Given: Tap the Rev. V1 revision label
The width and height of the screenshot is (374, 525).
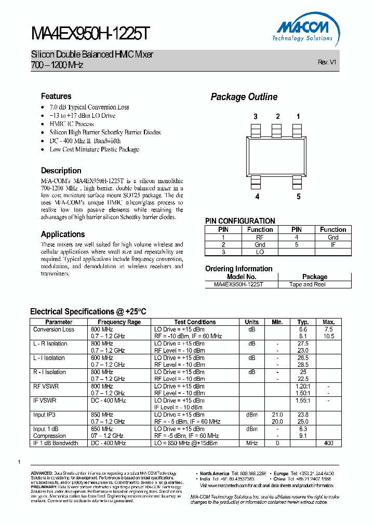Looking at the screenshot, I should coord(327,62).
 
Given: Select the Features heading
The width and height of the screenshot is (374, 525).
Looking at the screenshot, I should coord(56,96).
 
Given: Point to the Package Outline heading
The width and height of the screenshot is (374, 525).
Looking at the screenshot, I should coord(244,97).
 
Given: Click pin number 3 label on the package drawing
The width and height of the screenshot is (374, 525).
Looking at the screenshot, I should coord(256,117).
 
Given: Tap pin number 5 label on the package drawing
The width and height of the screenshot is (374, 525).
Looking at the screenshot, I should coord(298,197).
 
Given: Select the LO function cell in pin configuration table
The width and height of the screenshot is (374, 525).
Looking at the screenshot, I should coord(260,252).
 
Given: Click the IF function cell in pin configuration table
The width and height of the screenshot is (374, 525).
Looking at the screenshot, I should coord(333,244).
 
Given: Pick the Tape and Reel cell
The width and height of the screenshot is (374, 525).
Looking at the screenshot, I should coord(308,284).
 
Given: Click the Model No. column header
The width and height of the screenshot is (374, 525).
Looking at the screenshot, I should coord(242,277).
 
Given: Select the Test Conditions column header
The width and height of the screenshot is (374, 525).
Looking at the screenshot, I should coord(195,322).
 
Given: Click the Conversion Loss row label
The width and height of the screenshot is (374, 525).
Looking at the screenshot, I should coord(54,329).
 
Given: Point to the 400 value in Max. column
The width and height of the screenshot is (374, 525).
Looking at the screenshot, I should coord(328,443).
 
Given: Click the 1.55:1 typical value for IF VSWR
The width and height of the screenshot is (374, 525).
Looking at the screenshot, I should coord(303,400).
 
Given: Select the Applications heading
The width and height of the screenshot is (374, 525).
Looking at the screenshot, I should coord(63,234).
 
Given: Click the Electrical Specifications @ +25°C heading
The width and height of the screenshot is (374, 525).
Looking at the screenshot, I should coord(88,311).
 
